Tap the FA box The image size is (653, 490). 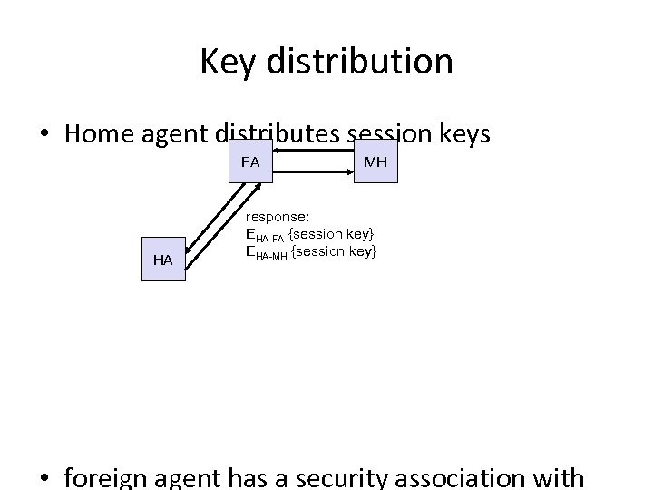click(251, 162)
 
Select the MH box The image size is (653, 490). click(375, 162)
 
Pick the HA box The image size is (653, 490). click(163, 260)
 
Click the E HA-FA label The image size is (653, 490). click(265, 236)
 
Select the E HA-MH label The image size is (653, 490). click(266, 251)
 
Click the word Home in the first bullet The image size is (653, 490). click(102, 134)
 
